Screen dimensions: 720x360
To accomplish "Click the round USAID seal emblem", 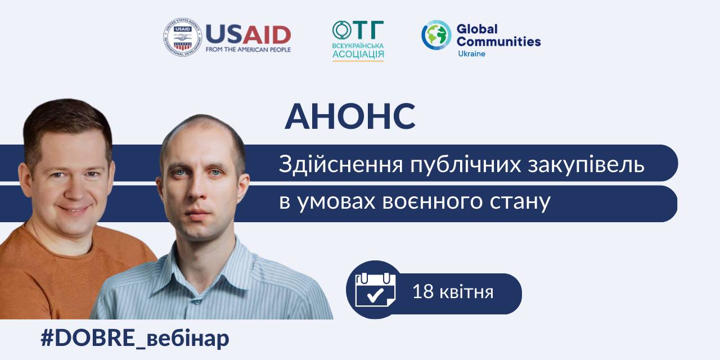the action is [183, 37].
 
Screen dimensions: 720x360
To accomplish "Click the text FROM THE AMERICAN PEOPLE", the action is [248, 49].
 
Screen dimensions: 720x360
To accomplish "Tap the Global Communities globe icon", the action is [436, 35].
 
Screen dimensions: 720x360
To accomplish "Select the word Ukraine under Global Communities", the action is [471, 53].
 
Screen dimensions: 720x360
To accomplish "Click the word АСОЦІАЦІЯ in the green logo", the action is [358, 54].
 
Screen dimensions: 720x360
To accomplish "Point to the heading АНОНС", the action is [350, 116].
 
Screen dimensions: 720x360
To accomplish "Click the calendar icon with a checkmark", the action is [375, 290].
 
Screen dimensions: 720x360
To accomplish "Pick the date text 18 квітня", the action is [453, 292].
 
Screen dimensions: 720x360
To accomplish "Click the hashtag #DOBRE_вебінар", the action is [135, 338].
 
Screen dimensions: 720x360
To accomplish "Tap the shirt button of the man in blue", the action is [197, 302].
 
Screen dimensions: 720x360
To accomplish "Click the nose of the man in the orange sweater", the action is [76, 190].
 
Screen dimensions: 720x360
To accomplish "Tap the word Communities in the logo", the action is [498, 42].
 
